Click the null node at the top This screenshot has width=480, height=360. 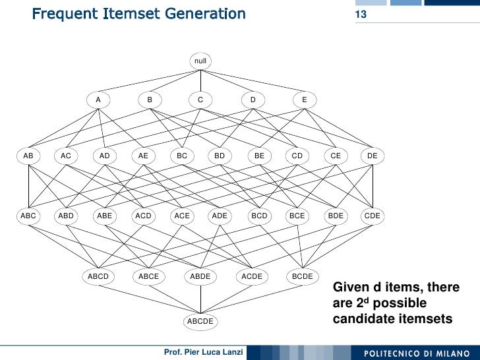coord(200,61)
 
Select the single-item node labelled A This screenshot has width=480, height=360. coord(98,100)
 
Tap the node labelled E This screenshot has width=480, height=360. coord(304,100)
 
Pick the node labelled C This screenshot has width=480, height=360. coord(200,100)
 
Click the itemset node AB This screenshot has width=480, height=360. coord(28,156)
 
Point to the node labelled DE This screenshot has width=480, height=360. coord(373,156)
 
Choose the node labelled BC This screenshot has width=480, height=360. coord(182,156)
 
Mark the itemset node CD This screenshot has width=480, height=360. coord(297,156)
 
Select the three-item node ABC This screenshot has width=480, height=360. coord(28,216)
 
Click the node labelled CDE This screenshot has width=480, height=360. coord(373,216)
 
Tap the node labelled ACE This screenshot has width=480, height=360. coord(182,216)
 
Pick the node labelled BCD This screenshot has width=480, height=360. coord(259,216)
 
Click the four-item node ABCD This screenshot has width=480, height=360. coord(98,276)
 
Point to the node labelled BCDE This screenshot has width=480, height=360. coord(302,276)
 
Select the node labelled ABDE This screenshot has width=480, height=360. coord(200,276)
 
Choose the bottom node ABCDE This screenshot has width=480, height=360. coord(200,321)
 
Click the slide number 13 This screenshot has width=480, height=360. coord(361,15)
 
